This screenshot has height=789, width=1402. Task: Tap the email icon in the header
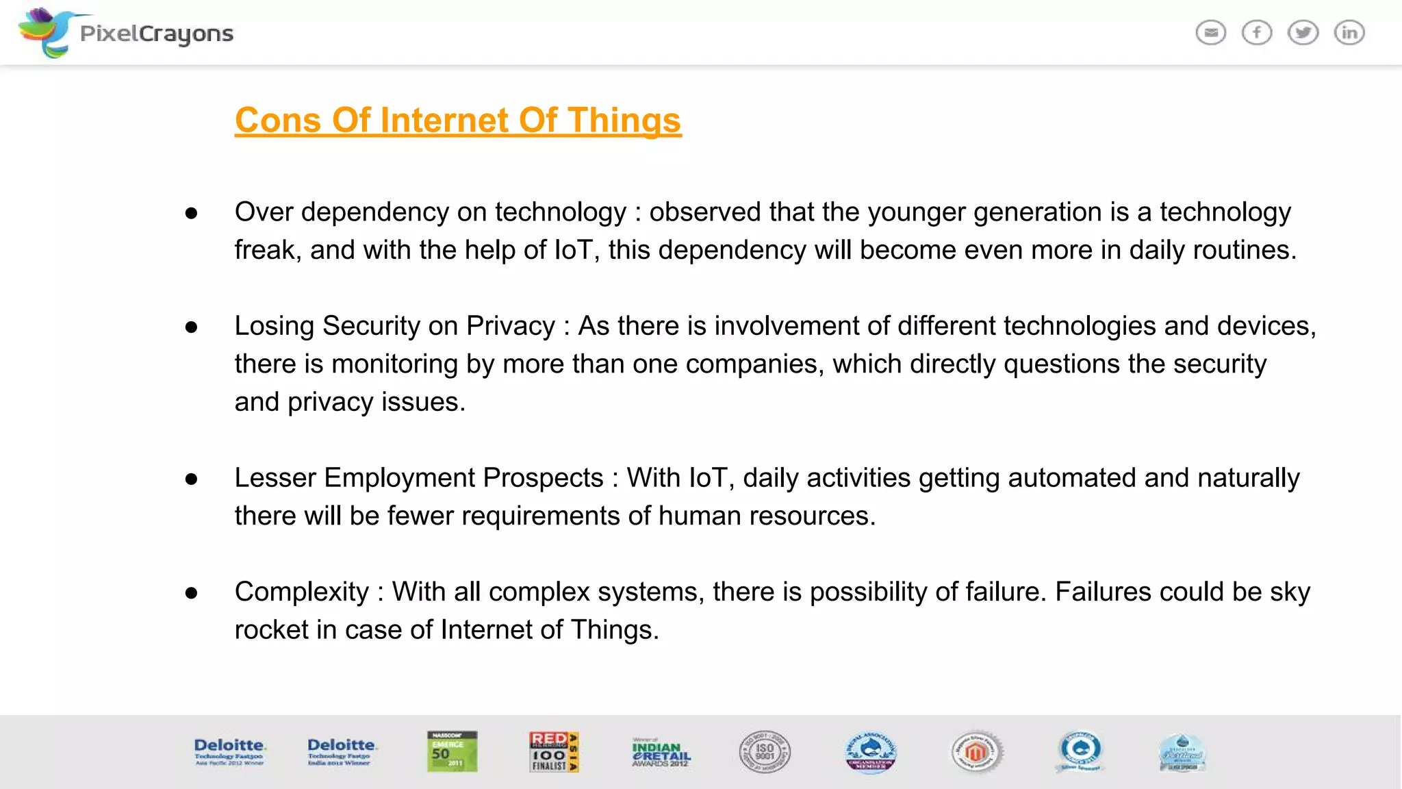click(1210, 32)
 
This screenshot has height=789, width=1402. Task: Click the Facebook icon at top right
click(1257, 32)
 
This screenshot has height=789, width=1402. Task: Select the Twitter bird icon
click(1303, 32)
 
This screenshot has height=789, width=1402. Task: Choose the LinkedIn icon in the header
click(1349, 32)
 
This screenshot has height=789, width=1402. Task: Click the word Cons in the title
click(277, 121)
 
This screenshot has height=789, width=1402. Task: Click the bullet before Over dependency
click(192, 214)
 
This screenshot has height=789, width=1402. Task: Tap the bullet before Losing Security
click(192, 327)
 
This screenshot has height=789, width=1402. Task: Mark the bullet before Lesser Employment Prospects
click(192, 479)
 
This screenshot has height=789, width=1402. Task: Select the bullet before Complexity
click(192, 593)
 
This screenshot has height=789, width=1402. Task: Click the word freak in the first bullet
click(267, 250)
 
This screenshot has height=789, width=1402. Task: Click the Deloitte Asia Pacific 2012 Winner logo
click(229, 751)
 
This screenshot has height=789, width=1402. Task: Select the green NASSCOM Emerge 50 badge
click(452, 751)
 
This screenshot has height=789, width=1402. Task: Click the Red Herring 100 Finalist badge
click(553, 751)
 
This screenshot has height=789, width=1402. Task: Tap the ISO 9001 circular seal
click(765, 751)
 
